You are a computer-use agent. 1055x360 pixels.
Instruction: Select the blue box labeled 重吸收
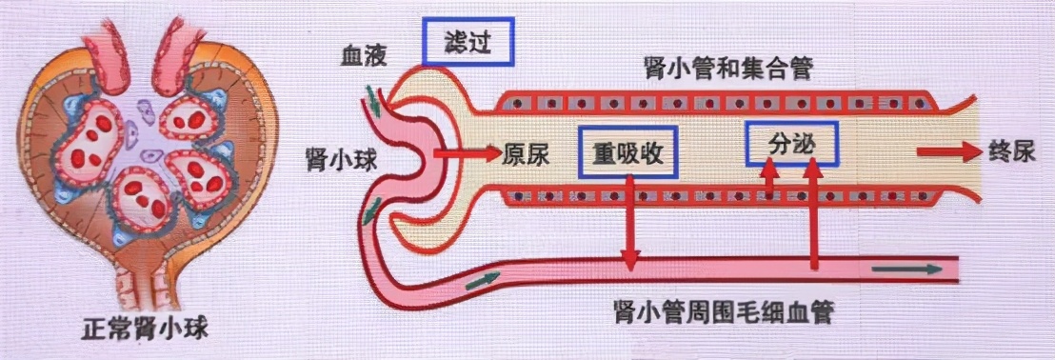coord(627,153)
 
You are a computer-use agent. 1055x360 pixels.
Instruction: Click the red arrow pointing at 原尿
coord(466,152)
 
